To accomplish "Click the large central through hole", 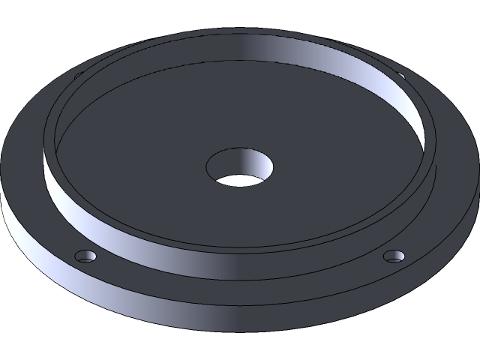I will pos(239,168).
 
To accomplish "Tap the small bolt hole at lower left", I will pos(87,256).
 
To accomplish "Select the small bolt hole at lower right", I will pos(394,256).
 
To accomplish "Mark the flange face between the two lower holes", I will pos(240,289).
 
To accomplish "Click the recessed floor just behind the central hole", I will pos(240,120).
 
